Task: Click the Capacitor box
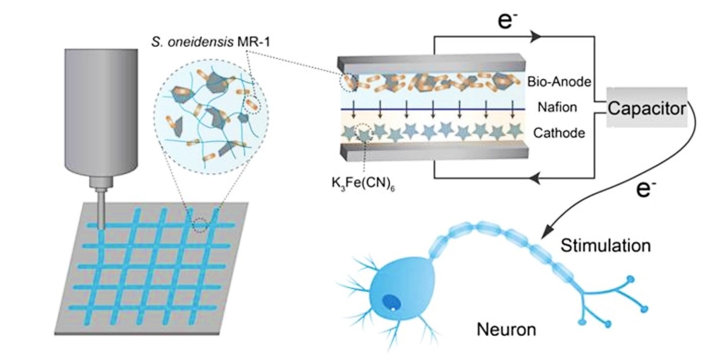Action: (x=646, y=108)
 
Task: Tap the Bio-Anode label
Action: (x=559, y=82)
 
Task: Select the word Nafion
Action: (x=557, y=108)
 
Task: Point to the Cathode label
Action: (x=559, y=133)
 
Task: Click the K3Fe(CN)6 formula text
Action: (x=363, y=184)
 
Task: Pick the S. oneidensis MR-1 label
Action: (x=211, y=42)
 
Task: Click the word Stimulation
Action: (x=606, y=246)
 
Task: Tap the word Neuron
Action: (x=506, y=330)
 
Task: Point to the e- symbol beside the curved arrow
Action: (x=646, y=189)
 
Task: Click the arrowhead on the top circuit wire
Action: (x=535, y=37)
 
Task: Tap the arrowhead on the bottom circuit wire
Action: (x=535, y=179)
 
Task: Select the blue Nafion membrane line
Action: (x=433, y=109)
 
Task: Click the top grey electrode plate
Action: (x=431, y=64)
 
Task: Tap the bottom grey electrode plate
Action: (x=434, y=152)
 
